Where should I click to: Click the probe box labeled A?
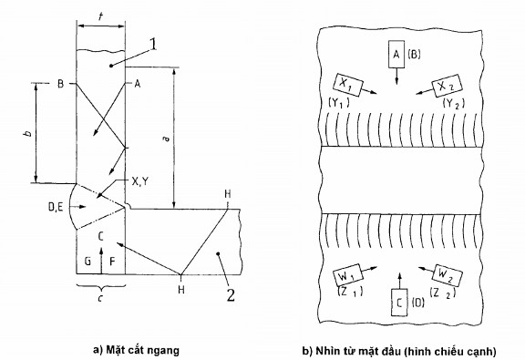pyautogui.click(x=396, y=55)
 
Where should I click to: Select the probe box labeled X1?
pyautogui.click(x=348, y=86)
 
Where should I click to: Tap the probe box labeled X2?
pyautogui.click(x=447, y=86)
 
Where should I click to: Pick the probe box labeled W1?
pyautogui.click(x=347, y=275)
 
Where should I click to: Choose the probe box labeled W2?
pyautogui.click(x=448, y=275)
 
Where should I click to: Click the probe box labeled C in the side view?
pyautogui.click(x=399, y=302)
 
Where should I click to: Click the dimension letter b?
pyautogui.click(x=29, y=133)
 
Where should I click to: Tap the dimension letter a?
pyautogui.click(x=167, y=138)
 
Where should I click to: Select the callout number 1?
pyautogui.click(x=153, y=45)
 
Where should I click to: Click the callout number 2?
pyautogui.click(x=231, y=295)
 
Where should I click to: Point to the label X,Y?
pyautogui.click(x=140, y=181)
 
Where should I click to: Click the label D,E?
pyautogui.click(x=56, y=208)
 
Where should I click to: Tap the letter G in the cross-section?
pyautogui.click(x=87, y=261)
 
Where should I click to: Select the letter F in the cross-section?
pyautogui.click(x=112, y=261)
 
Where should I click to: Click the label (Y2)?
pyautogui.click(x=454, y=104)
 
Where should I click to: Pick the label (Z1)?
pyautogui.click(x=350, y=292)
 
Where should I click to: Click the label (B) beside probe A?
pyautogui.click(x=414, y=55)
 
